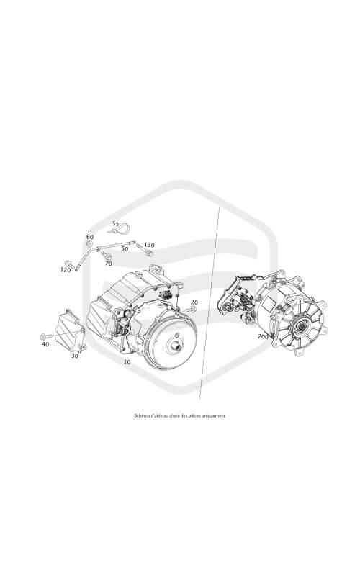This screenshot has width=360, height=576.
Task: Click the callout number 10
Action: point(127,362)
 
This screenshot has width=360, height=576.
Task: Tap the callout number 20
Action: point(194,302)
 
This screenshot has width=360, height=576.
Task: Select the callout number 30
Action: point(75,356)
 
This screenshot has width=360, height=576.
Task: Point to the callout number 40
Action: point(45,344)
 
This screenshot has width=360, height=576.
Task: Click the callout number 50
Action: point(125,248)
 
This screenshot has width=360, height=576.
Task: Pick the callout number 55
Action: point(116,223)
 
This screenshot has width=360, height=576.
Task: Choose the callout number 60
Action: point(90,237)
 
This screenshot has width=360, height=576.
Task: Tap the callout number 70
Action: point(109,264)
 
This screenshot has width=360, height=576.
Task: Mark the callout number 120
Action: point(65,269)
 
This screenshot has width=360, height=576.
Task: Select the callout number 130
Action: point(149,245)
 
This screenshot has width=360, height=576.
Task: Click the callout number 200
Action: point(263,336)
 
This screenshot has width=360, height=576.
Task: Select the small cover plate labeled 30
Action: point(69,330)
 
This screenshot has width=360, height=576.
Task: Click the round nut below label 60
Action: point(89,243)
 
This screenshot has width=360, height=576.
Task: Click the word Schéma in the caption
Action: point(140,416)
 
